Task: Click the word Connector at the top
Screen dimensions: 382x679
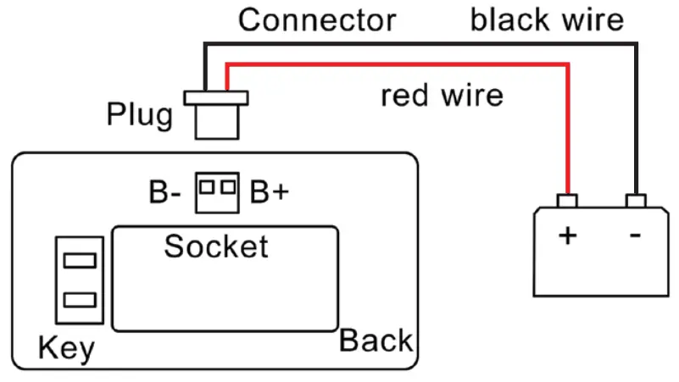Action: coord(316,19)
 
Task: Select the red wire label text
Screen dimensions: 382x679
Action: coord(442,95)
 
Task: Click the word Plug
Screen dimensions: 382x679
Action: coord(139,114)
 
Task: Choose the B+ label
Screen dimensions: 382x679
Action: coord(270,193)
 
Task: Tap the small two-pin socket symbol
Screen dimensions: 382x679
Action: coord(217,192)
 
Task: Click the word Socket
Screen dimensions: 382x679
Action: coord(216,246)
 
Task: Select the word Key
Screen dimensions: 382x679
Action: coord(66,348)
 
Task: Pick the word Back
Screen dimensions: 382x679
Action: coord(376,341)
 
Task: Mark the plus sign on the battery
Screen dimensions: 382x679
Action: coord(567,235)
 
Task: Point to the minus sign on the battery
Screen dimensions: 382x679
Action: coord(636,235)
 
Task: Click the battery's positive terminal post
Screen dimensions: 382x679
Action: coord(567,201)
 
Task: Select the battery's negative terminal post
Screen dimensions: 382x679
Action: coord(637,201)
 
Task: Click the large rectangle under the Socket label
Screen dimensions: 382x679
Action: coord(225,292)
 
